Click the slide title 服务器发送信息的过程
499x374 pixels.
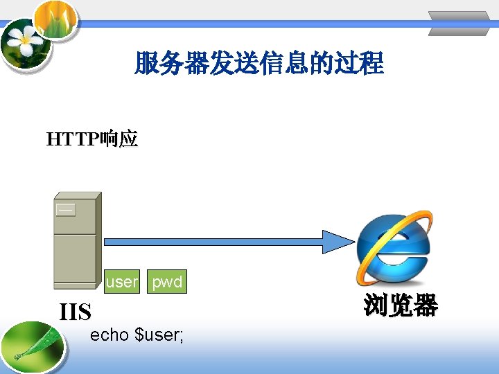(259, 64)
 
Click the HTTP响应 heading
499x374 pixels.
(92, 140)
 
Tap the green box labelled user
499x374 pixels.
(122, 282)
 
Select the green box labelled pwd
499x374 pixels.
(167, 282)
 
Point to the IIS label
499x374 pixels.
(76, 312)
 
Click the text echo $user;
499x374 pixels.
(137, 335)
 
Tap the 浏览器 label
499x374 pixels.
(401, 305)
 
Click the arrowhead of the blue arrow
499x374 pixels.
(340, 240)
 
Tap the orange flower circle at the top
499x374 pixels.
(55, 18)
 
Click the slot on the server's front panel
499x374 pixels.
(66, 209)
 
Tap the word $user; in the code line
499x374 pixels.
(159, 335)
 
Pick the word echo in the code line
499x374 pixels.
(110, 335)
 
